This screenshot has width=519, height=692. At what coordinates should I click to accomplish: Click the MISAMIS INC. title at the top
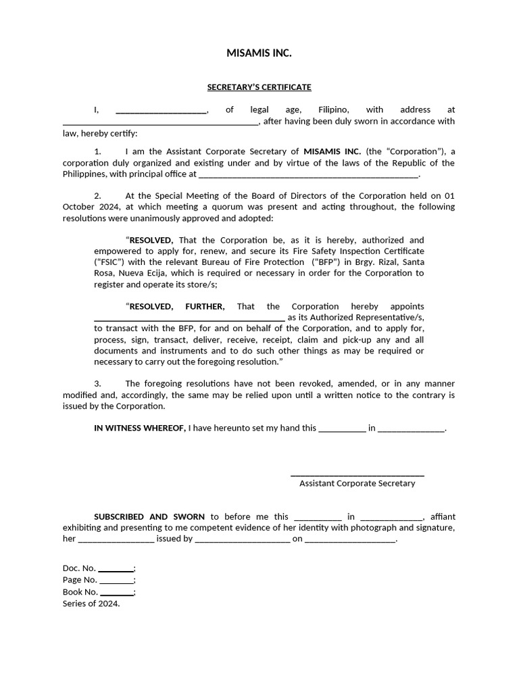tap(259, 53)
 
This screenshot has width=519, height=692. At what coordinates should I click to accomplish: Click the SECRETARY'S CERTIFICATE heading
tap(259, 87)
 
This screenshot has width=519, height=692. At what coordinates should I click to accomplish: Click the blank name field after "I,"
tap(162, 110)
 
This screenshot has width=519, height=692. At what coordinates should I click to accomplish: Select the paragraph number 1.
tap(97, 151)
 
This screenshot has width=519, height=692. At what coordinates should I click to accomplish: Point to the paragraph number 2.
tap(97, 195)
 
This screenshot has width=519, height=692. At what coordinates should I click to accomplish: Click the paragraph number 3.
tap(97, 383)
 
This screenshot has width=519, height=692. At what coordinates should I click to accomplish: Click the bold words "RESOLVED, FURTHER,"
tap(177, 306)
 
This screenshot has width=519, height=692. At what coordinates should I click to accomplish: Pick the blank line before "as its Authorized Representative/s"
tap(189, 318)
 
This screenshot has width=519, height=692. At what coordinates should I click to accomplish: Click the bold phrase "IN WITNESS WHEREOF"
tap(139, 428)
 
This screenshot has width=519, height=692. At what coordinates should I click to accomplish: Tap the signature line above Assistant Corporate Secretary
tap(357, 474)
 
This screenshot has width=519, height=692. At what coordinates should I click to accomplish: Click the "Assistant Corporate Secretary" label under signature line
tap(357, 483)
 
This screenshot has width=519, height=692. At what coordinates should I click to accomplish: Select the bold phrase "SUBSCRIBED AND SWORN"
tap(149, 516)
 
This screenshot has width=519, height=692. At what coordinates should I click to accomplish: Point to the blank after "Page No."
tap(117, 580)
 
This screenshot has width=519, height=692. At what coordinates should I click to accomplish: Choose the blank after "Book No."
tap(117, 593)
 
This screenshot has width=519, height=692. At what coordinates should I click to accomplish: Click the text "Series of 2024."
tap(91, 603)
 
